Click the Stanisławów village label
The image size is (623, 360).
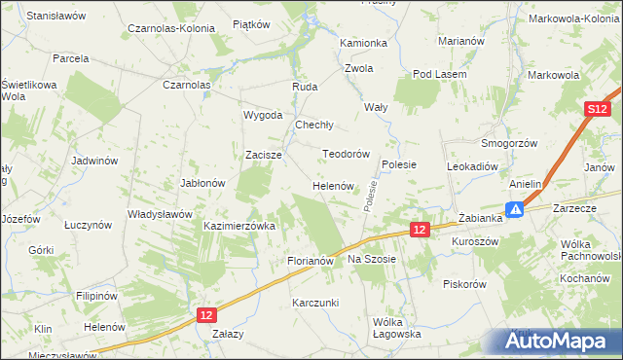(x=56, y=17)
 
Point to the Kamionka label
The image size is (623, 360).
(x=363, y=44)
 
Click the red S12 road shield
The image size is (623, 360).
(x=597, y=112)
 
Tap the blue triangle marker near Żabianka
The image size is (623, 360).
(x=514, y=208)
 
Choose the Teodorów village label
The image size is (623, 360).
(x=346, y=154)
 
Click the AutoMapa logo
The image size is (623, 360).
(x=553, y=341)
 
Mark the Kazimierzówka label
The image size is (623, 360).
(x=239, y=226)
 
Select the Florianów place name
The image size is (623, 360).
(x=311, y=261)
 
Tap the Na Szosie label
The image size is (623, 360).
(x=372, y=260)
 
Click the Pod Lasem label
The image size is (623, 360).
(x=439, y=74)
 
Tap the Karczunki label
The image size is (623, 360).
(x=315, y=303)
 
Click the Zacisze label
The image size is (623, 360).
(x=264, y=155)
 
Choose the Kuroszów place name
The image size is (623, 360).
(x=476, y=240)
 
